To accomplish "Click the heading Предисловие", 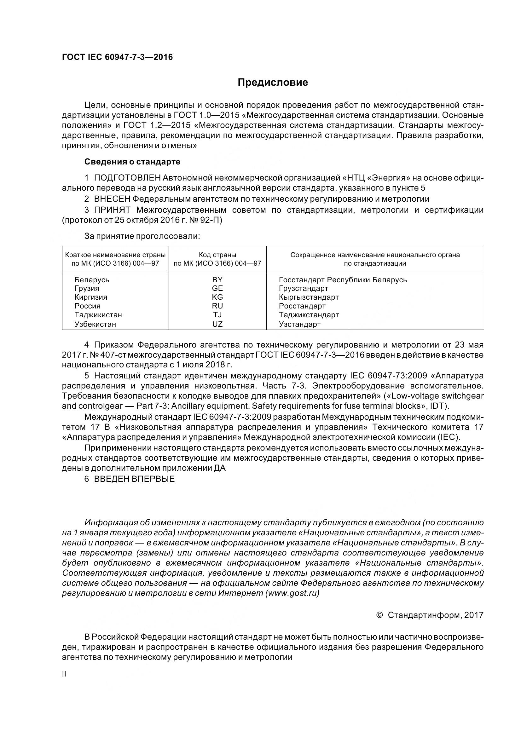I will (x=273, y=83).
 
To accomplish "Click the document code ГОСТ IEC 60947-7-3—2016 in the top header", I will (x=117, y=57).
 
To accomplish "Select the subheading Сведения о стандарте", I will (x=132, y=162).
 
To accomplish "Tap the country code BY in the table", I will (x=217, y=279).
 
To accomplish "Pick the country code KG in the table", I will (x=217, y=297).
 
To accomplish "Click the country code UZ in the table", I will (x=217, y=324).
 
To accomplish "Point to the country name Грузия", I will (x=87, y=288).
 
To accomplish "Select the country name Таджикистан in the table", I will (x=98, y=315).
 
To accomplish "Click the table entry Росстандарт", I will (x=302, y=306).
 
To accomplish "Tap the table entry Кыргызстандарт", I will (x=309, y=297).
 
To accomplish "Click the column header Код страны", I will (x=217, y=255).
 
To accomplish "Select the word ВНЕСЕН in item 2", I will (x=112, y=199).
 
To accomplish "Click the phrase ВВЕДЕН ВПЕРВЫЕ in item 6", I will (x=134, y=479).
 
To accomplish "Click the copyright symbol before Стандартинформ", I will (x=379, y=615).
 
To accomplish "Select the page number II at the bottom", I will (x=64, y=674).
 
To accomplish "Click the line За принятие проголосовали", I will (x=142, y=236).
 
